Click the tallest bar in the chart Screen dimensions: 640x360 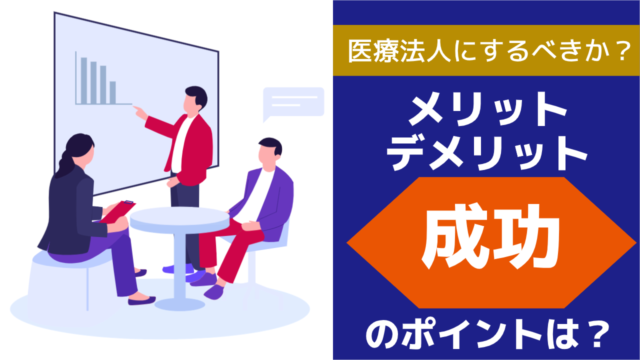84,81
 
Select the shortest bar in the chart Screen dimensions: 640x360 113,93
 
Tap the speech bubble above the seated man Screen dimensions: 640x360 293,103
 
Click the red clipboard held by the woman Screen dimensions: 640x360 118,211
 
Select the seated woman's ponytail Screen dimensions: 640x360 66,165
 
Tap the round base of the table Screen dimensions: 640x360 179,304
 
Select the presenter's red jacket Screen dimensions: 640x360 188,148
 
